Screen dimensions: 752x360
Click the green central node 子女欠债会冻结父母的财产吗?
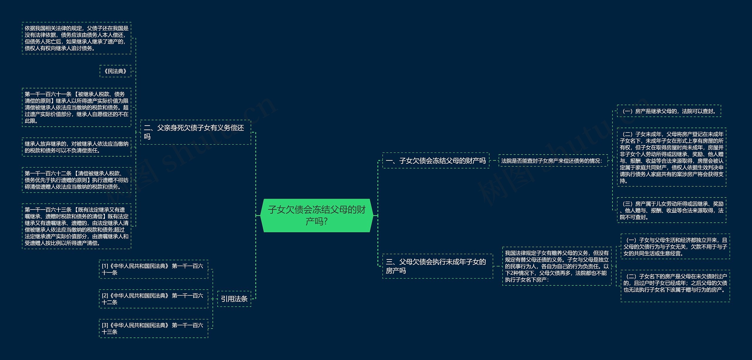tap(317, 215)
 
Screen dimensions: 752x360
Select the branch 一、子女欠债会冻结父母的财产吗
tap(436, 160)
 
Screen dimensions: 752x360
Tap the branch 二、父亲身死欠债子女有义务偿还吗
tap(196, 132)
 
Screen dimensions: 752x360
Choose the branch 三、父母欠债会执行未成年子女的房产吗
tap(438, 266)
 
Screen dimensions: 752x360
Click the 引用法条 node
tap(234, 299)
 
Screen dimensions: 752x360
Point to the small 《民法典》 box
tap(115, 71)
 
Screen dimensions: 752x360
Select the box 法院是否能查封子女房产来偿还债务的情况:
tap(553, 161)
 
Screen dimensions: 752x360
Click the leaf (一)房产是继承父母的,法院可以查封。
tap(669, 111)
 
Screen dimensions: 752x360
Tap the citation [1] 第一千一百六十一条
tap(153, 269)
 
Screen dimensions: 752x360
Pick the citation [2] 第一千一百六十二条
tap(153, 299)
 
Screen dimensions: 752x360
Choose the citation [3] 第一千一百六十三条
tap(153, 329)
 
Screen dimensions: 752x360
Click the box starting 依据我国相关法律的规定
tap(76, 38)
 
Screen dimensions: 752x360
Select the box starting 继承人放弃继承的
tap(76, 147)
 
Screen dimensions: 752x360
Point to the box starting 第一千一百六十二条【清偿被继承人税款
tap(76, 180)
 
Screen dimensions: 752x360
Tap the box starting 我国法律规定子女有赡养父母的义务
tap(557, 266)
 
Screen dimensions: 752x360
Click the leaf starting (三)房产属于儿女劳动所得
tap(672, 210)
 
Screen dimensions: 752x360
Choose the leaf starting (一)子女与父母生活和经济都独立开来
tap(675, 247)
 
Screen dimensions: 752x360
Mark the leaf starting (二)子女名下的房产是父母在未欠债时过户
tap(675, 286)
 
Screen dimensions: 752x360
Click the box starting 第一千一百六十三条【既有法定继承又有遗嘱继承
tap(76, 226)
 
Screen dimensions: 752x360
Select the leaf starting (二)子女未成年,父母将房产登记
tap(672, 157)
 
